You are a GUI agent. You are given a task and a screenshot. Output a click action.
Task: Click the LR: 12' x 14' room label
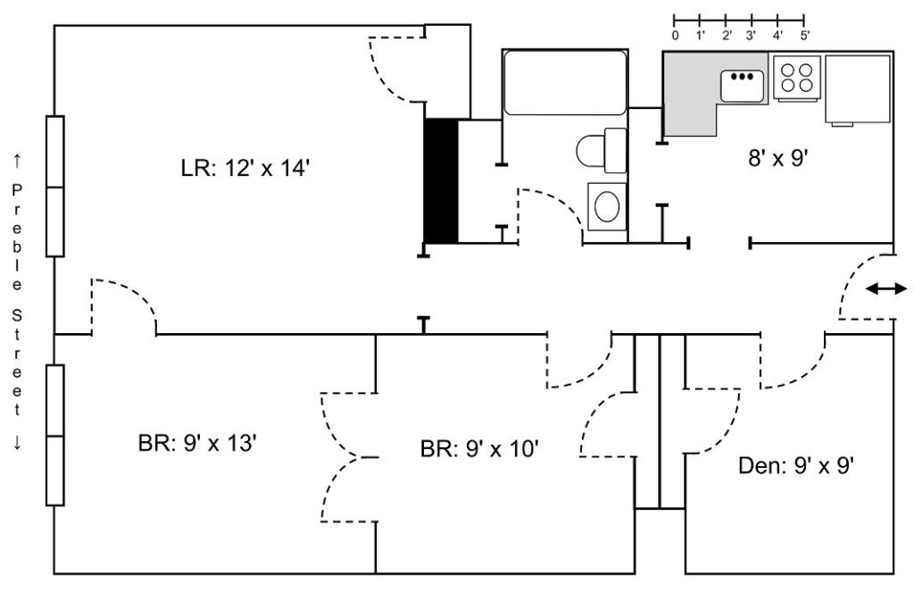[245, 169]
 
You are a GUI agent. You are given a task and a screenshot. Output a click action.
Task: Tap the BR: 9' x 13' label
[197, 444]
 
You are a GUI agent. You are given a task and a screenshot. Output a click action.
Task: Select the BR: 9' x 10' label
[479, 449]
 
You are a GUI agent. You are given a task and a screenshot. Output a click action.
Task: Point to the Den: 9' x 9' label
[796, 466]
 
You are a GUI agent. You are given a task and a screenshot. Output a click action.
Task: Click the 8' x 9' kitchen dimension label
[777, 158]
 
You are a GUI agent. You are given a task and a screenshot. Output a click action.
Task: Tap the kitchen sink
[742, 86]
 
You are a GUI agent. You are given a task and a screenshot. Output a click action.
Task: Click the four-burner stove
[797, 78]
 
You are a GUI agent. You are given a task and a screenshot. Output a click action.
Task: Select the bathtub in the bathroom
[565, 82]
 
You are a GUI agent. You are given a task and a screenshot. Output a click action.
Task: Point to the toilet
[601, 150]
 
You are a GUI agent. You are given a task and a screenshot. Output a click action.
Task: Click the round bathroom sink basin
[607, 206]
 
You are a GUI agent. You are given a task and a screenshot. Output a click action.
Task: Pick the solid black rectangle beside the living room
[441, 180]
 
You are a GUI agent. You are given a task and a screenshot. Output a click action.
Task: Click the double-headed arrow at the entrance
[886, 288]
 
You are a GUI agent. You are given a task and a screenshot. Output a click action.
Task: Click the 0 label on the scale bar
[675, 35]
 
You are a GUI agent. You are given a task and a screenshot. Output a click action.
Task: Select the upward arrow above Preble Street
[17, 160]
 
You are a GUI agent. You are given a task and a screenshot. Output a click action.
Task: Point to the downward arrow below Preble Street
[17, 443]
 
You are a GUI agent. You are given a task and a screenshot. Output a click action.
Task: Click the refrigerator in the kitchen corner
[858, 89]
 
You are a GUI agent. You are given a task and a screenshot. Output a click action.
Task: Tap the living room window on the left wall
[54, 187]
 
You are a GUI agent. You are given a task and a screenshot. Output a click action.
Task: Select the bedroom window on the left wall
[54, 436]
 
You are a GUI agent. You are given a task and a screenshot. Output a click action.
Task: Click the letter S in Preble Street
[17, 316]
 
